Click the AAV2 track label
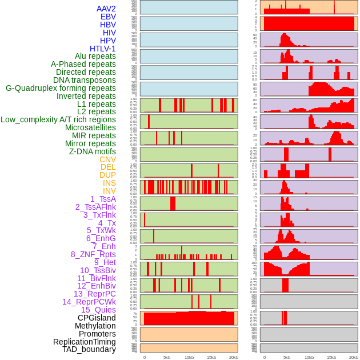pyautogui.click(x=106, y=9)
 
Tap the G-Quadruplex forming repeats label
pyautogui.click(x=61, y=88)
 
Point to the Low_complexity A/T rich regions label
pyautogui.click(x=58, y=119)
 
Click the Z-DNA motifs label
pyautogui.click(x=92, y=151)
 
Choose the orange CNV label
pyautogui.click(x=107, y=159)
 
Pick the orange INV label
pyautogui.click(x=109, y=191)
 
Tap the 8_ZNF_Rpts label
pyautogui.click(x=93, y=254)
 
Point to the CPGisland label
pyautogui.click(x=97, y=318)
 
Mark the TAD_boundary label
pyautogui.click(x=89, y=349)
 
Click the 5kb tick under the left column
pyautogui.click(x=166, y=357)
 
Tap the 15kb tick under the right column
pyautogui.click(x=331, y=357)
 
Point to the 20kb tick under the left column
pyautogui.click(x=233, y=357)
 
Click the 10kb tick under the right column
pyautogui.click(x=309, y=357)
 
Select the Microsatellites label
pyautogui.click(x=90, y=127)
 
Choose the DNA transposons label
pyautogui.click(x=85, y=80)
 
